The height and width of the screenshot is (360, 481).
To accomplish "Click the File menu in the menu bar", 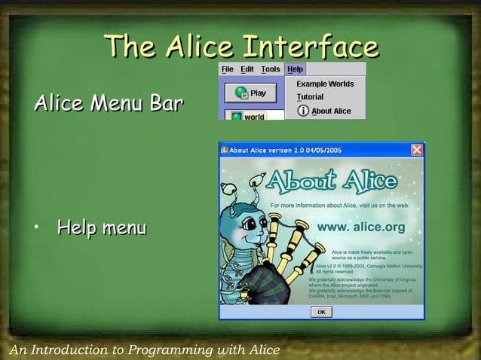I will point(227,69).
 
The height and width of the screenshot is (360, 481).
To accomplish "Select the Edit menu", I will point(247,69).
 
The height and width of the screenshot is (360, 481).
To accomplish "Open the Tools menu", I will point(271,69).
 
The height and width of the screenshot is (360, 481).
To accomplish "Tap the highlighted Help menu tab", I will point(295,69).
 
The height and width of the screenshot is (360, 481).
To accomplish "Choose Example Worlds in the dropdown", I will point(325,84).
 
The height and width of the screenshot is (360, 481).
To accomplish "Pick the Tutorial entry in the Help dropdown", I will point(310,97).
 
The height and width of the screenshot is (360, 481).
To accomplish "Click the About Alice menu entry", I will point(331,111).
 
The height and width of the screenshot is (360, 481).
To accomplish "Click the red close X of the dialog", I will point(417,150).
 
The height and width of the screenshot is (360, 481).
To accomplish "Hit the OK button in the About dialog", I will point(321,312).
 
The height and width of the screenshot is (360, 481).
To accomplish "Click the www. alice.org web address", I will point(361,226).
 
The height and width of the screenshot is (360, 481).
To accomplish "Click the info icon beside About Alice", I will point(303,111).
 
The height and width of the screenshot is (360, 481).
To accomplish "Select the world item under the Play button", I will point(248,117).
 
